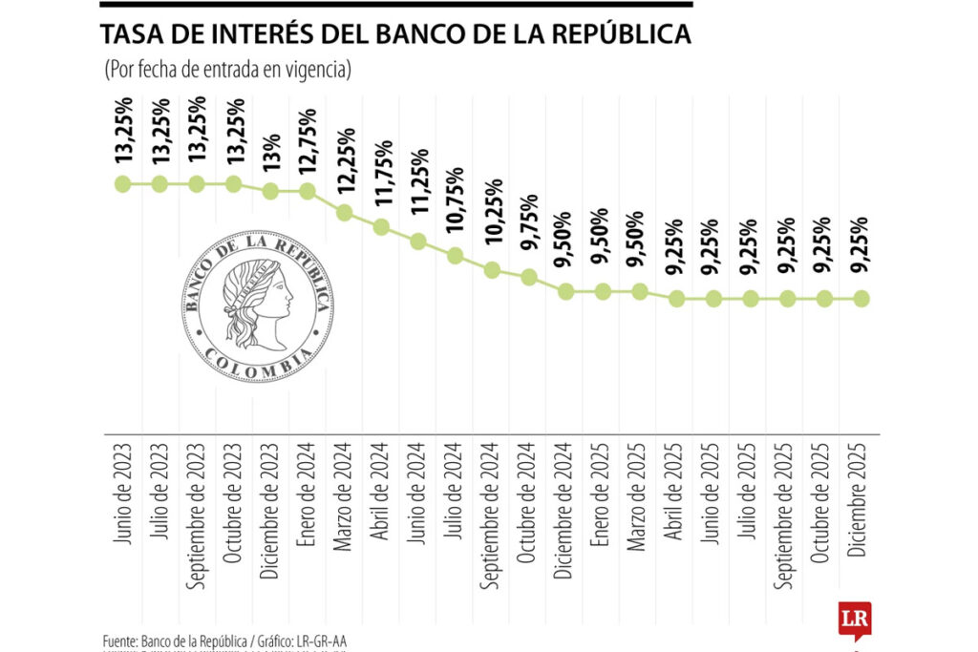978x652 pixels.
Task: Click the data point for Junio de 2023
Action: point(122,183)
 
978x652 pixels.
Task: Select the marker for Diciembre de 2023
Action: point(270,191)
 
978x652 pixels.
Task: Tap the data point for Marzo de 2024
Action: point(345,212)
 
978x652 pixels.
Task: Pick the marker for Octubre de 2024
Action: point(530,277)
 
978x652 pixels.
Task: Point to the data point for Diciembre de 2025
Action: point(862,299)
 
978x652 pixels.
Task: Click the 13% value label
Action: point(270,152)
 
